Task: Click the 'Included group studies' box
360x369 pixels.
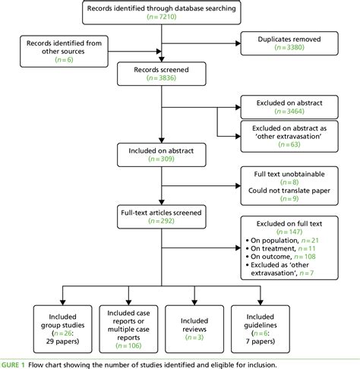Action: click(x=55, y=323)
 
